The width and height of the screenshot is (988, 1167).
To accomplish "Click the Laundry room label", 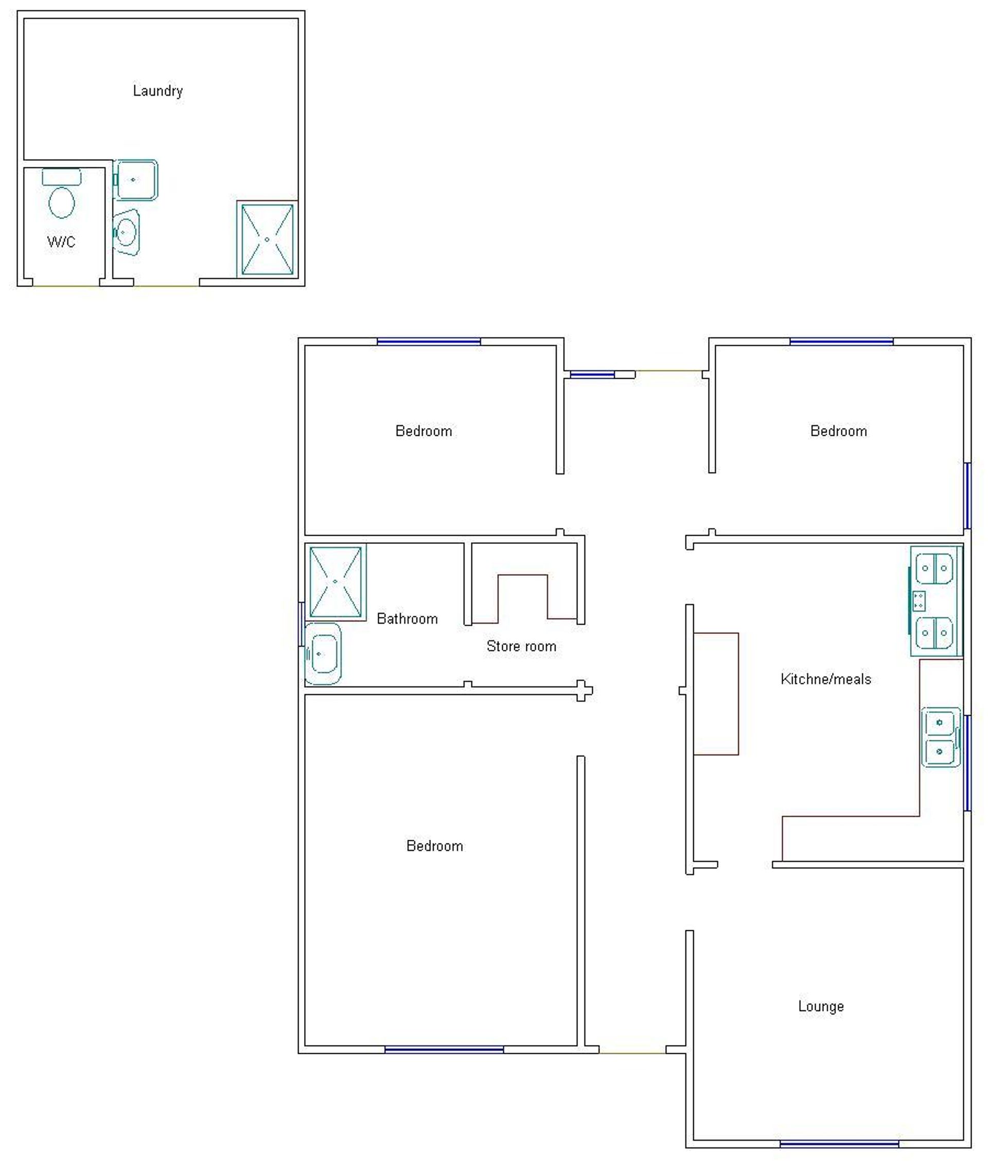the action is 158,91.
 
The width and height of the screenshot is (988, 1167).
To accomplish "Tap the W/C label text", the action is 61,242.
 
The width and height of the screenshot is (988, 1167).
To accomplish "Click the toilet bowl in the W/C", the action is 62,202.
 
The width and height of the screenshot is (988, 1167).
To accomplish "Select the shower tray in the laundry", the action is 267,240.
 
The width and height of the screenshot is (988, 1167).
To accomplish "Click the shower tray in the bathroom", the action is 336,582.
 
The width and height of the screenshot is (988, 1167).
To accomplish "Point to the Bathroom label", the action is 407,619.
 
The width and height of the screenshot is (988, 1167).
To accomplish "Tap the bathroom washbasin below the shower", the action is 323,653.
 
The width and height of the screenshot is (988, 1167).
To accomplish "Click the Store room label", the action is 521,646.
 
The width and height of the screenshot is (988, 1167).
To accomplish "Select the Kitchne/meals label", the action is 826,679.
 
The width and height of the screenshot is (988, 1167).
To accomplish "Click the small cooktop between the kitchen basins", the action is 919,601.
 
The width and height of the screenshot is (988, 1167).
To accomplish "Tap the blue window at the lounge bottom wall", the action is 840,1144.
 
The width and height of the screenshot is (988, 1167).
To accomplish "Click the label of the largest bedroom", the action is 435,846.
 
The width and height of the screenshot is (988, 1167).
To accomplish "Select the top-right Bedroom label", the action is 838,431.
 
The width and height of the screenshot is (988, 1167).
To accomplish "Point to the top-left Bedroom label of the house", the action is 424,431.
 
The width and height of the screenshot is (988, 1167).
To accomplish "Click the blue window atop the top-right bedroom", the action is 841,342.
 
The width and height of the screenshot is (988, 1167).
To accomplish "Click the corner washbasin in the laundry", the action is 126,233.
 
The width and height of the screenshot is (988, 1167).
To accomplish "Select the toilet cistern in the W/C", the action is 62,177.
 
